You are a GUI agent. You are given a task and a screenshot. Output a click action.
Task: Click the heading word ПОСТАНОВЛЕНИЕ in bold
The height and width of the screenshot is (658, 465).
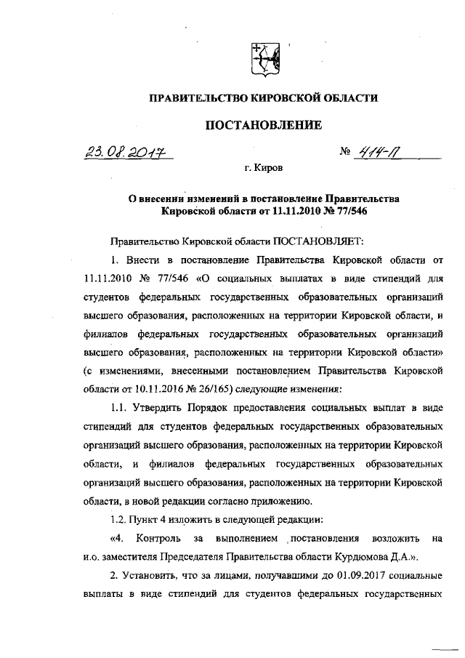click(264, 125)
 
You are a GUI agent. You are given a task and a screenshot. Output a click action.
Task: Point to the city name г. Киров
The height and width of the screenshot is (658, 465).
click(264, 168)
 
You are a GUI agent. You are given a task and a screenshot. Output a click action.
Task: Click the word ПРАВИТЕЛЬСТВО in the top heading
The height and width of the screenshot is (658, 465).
click(201, 97)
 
